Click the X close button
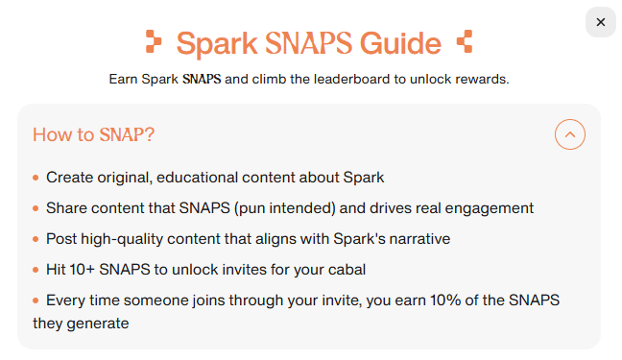coord(600,22)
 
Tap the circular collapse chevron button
coord(570,134)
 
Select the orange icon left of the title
coord(154,41)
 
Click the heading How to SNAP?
coord(93,134)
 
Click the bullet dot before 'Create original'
coord(36,178)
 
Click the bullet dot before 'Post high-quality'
coord(36,239)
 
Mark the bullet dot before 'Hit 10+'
coord(36,270)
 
